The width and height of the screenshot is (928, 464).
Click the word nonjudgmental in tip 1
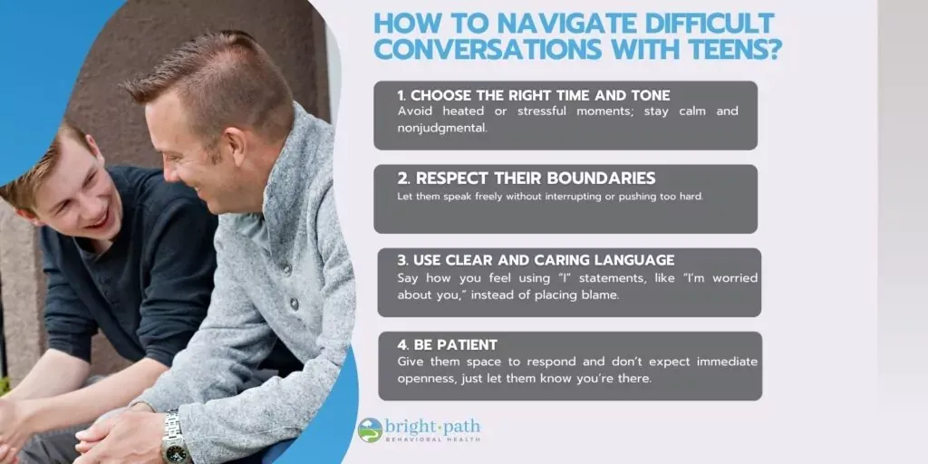point(442,127)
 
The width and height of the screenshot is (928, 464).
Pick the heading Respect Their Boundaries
point(527,179)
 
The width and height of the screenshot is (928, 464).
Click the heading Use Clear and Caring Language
point(536,260)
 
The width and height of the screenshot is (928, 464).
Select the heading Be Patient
point(448,343)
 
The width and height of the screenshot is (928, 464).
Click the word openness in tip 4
point(424,379)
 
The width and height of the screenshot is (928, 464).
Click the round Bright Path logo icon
point(371,430)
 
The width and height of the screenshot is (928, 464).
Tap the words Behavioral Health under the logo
point(433,440)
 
